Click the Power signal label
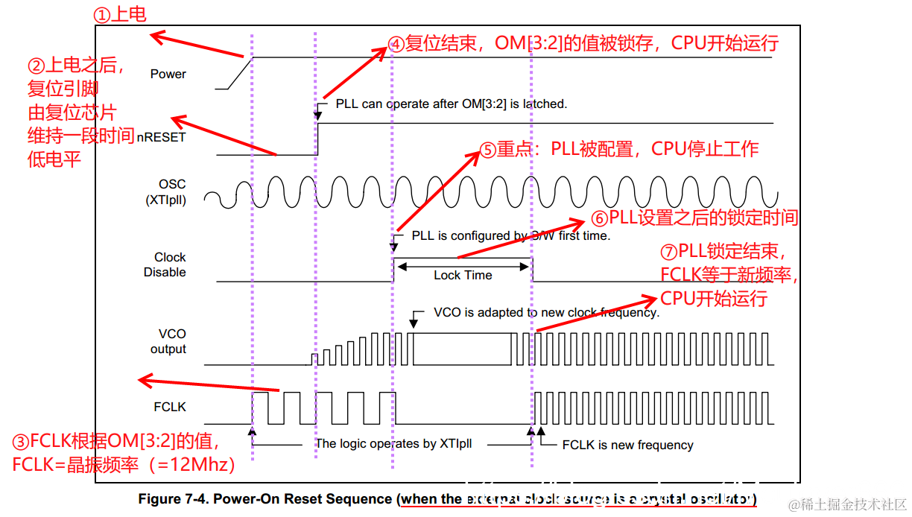(x=168, y=74)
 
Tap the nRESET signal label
(x=162, y=137)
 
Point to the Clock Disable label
(x=165, y=264)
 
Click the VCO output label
(x=168, y=341)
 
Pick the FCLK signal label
(x=169, y=407)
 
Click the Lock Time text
(x=463, y=275)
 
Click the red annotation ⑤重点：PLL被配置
(x=619, y=149)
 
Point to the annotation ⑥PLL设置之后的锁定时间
(x=694, y=218)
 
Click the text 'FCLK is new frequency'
(x=627, y=445)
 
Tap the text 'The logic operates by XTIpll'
(x=393, y=443)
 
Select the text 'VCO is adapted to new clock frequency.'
(x=546, y=313)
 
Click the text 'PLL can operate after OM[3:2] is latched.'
(x=451, y=104)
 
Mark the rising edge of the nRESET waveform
(x=318, y=139)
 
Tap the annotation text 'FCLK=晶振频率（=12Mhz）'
(x=124, y=465)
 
